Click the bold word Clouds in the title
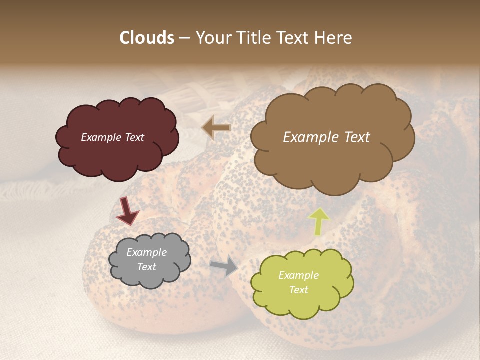(x=147, y=38)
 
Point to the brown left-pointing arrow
(x=216, y=128)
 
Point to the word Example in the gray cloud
(x=147, y=252)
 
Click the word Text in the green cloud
(x=298, y=290)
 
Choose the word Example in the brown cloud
(x=310, y=137)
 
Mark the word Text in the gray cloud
(x=147, y=267)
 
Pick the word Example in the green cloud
(x=298, y=275)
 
